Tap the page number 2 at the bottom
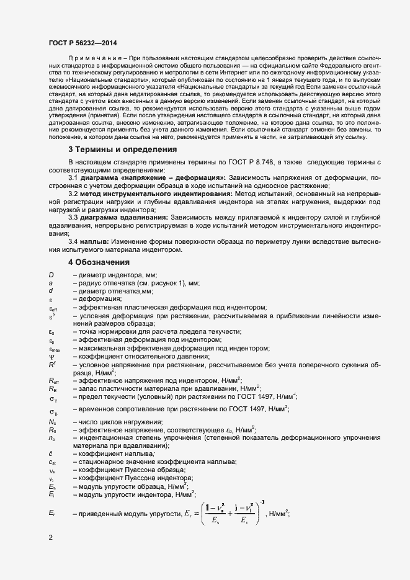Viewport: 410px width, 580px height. pyautogui.click(x=50, y=537)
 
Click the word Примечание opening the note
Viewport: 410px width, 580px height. pyautogui.click(x=92, y=57)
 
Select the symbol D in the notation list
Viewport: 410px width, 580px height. pyautogui.click(x=51, y=275)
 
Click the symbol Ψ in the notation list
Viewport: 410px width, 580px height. pyautogui.click(x=51, y=356)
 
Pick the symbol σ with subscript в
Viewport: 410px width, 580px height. pyautogui.click(x=53, y=411)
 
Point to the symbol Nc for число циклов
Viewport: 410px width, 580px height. pyautogui.click(x=52, y=422)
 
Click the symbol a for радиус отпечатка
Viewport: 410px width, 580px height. pyautogui.click(x=51, y=283)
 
